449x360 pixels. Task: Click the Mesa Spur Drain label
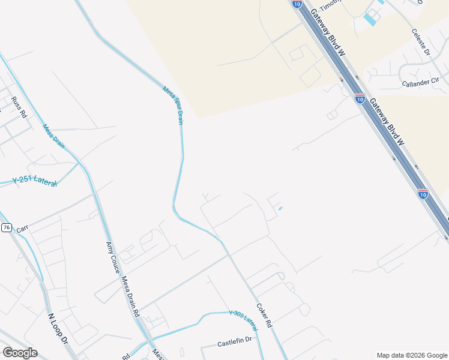(x=172, y=105)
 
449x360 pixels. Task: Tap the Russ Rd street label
(x=20, y=106)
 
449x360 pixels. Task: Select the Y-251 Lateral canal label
(x=35, y=181)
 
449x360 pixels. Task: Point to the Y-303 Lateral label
(x=243, y=320)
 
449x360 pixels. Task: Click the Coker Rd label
(x=265, y=314)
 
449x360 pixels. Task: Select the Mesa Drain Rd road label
(x=130, y=296)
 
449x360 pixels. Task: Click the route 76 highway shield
(x=6, y=227)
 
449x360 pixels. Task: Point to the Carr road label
(x=22, y=229)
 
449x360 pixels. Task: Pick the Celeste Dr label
(x=421, y=43)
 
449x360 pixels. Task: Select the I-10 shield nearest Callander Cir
(x=360, y=98)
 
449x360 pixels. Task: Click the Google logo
(x=20, y=353)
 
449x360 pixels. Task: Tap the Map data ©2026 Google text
(x=411, y=355)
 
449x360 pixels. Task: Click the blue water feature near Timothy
(x=371, y=19)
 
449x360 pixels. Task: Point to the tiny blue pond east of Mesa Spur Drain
(x=280, y=208)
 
